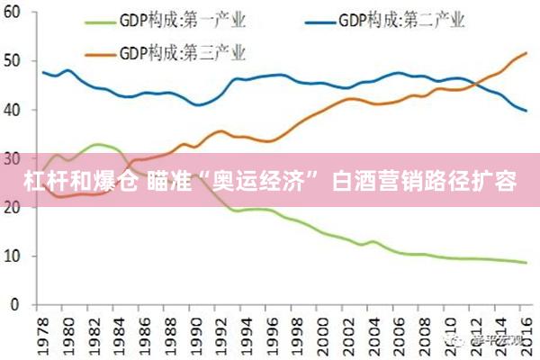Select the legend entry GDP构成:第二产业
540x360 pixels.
pyautogui.click(x=406, y=20)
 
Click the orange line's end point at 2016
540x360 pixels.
pyautogui.click(x=526, y=53)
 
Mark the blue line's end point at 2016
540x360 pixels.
pyautogui.click(x=526, y=111)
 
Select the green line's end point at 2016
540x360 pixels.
pyautogui.click(x=526, y=263)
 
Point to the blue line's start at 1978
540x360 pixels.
pyautogui.click(x=42, y=72)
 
